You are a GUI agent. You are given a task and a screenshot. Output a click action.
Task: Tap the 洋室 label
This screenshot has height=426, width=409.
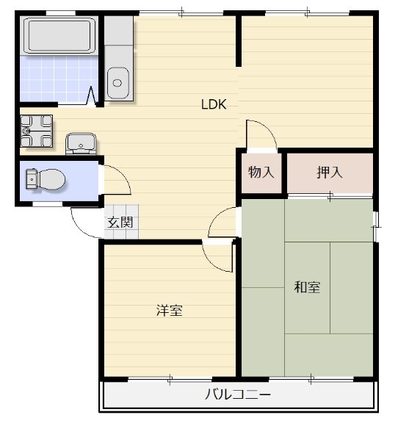click(169, 310)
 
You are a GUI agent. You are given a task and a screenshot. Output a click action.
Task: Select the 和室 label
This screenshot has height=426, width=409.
click(307, 287)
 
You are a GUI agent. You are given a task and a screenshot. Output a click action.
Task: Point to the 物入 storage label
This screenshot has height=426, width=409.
click(261, 173)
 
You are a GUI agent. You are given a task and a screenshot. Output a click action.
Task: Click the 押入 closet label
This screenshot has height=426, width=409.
click(330, 173)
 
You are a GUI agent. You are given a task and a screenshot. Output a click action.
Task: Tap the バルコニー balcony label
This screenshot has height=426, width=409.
click(237, 396)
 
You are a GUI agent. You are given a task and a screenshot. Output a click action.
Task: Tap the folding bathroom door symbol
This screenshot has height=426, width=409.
click(93, 96)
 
